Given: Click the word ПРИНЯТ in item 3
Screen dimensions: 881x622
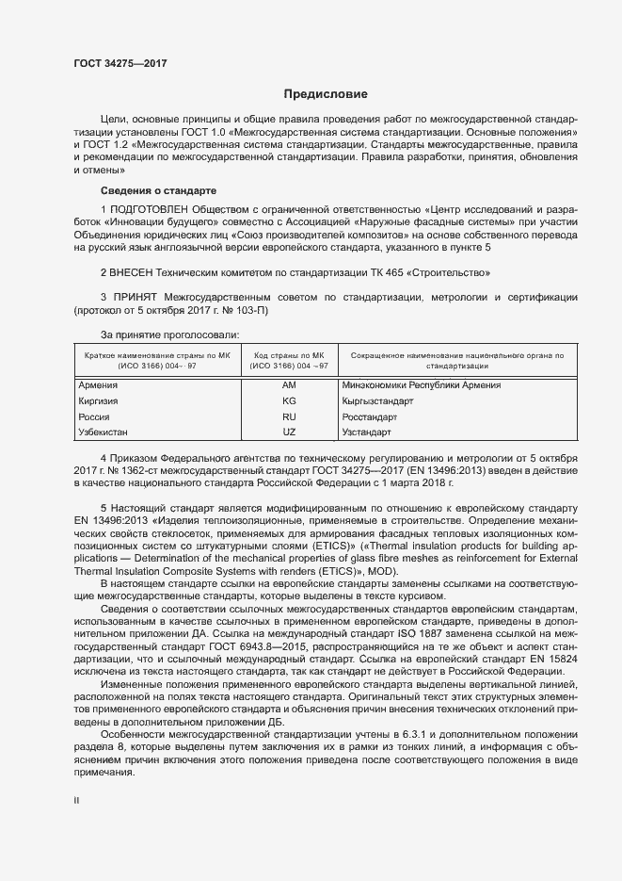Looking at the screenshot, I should pyautogui.click(x=137, y=298).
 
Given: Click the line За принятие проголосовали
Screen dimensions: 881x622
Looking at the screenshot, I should pyautogui.click(x=169, y=334).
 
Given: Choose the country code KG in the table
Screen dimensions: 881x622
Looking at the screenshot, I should pyautogui.click(x=289, y=400).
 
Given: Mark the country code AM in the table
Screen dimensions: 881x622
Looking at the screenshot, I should pyautogui.click(x=289, y=385).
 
